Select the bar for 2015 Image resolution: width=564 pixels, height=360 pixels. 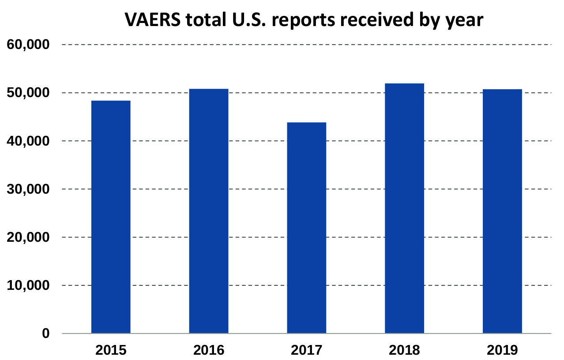pos(111,217)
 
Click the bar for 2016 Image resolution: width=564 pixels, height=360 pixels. pos(209,211)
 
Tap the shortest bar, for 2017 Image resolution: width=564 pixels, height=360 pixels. pos(307,228)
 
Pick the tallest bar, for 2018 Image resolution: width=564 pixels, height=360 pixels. pos(404,208)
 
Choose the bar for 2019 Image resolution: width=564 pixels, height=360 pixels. pos(502,211)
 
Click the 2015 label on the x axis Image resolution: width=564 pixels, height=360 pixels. pos(111,350)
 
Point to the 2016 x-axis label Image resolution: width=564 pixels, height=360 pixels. pos(209,350)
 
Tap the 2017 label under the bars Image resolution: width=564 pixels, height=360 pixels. pos(307,350)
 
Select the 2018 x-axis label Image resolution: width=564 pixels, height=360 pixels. pos(404,350)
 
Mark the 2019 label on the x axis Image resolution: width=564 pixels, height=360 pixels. pos(502,350)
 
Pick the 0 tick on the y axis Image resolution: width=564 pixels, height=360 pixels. pos(46,334)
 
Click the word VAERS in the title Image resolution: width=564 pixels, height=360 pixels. pos(150,20)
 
